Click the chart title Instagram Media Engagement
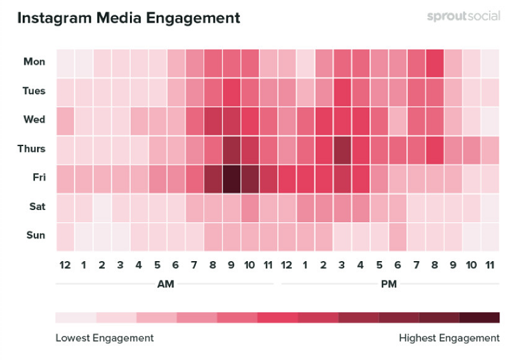tap(128, 17)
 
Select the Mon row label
tap(34, 62)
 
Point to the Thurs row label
tap(32, 149)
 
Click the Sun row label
tap(35, 236)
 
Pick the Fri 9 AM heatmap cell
tap(232, 178)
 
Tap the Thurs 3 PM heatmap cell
tap(342, 149)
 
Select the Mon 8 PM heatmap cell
tap(435, 62)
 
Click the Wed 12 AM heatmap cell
tap(65, 120)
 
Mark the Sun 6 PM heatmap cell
tap(398, 236)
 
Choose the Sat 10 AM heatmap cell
tap(250, 207)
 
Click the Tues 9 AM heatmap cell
tap(232, 91)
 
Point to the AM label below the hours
tap(166, 284)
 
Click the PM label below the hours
tap(388, 284)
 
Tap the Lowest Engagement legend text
tap(104, 338)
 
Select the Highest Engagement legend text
tap(449, 338)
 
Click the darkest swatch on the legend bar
tap(479, 317)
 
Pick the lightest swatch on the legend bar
tap(76, 317)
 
